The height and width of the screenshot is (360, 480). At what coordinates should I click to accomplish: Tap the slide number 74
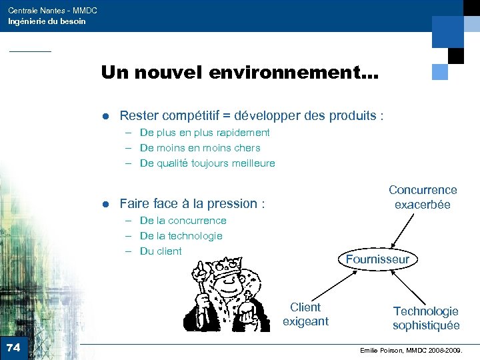13,347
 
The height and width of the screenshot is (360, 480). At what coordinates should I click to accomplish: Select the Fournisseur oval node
377,259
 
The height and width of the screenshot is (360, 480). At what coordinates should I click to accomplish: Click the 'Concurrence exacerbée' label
423,197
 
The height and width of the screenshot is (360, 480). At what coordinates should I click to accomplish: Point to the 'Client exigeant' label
305,314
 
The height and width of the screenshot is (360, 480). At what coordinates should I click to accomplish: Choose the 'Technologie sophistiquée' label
425,318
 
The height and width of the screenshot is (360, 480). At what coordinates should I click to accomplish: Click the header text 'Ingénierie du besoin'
47,21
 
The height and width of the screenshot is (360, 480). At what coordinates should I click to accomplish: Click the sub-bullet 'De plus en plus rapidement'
205,133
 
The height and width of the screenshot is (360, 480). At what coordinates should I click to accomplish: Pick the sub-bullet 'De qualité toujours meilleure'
207,163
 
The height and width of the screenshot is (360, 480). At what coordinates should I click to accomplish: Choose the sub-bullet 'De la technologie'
181,236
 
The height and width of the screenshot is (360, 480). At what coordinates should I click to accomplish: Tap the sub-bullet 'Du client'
161,251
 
